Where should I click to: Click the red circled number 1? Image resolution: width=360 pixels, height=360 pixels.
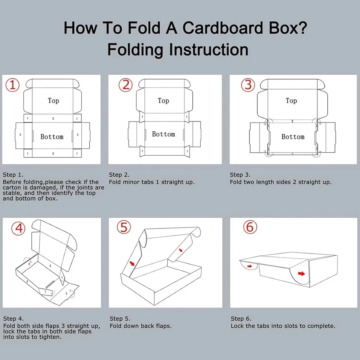click(x=12, y=85)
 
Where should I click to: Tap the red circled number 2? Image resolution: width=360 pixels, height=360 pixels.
click(x=125, y=85)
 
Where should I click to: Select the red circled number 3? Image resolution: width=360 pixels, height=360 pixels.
click(x=248, y=85)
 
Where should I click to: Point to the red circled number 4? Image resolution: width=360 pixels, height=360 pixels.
click(x=18, y=228)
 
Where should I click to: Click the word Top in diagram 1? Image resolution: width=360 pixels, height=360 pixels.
click(x=53, y=100)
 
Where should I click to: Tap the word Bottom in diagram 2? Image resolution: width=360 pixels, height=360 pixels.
click(x=163, y=134)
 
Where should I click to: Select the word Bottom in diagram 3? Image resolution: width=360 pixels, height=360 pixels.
click(x=293, y=137)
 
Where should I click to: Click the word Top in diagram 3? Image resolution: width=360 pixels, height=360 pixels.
click(x=291, y=100)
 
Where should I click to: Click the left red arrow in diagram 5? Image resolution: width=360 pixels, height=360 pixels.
click(x=132, y=263)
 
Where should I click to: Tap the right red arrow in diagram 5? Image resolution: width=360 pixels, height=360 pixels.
click(x=181, y=250)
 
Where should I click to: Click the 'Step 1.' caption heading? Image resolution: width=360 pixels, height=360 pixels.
click(x=13, y=175)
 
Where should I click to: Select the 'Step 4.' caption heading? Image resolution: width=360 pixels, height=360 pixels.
click(x=13, y=319)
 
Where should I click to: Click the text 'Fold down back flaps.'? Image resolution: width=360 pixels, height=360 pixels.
click(x=141, y=326)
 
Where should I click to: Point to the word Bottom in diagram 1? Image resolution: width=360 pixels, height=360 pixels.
click(x=52, y=137)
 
